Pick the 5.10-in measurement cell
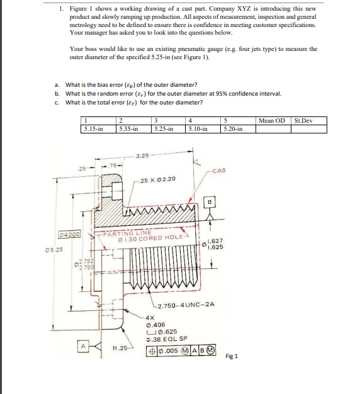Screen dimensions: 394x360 point(199,129)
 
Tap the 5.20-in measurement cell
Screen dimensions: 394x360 point(233,129)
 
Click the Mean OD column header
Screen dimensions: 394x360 point(272,120)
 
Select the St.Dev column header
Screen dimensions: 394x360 point(303,120)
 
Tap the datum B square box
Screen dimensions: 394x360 point(210,202)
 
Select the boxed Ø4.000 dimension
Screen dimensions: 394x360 point(69,234)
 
